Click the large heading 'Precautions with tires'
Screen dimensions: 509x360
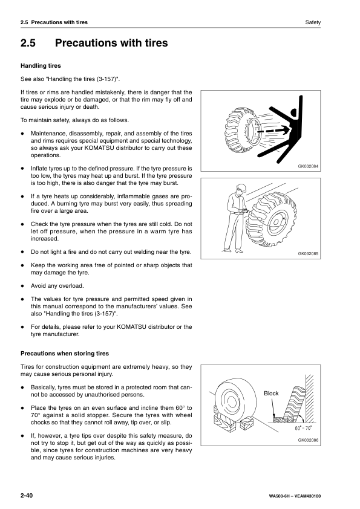click(111, 44)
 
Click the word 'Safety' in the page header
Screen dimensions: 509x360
click(312, 22)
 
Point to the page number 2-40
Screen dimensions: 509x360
click(26, 496)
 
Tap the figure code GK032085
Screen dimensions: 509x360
click(308, 254)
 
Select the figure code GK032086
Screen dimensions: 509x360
click(308, 440)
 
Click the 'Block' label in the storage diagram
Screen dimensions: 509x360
click(271, 394)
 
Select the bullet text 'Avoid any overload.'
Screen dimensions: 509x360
click(57, 286)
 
